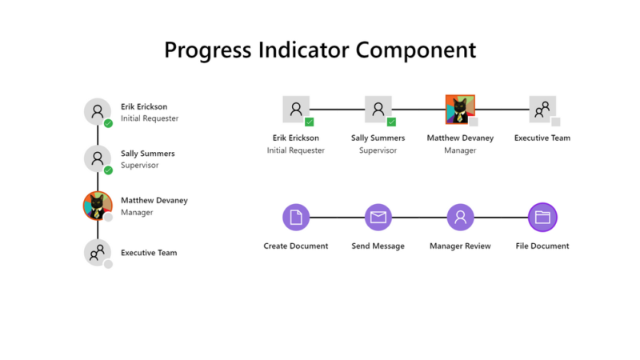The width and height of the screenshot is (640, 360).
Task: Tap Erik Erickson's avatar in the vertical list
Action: coord(98,112)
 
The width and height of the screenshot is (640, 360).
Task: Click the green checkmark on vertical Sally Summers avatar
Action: coord(108,170)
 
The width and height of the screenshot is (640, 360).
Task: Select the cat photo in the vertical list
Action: coord(98,206)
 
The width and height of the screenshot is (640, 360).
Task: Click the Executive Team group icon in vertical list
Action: coord(98,253)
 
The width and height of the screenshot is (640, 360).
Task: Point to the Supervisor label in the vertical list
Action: coord(139,166)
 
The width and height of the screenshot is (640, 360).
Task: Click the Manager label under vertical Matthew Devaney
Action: coord(136,213)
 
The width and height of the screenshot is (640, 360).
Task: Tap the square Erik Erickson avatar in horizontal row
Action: coord(296,109)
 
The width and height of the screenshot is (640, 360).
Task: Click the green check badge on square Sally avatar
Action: coord(391,122)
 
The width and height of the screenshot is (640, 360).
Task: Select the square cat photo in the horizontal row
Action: coord(459,109)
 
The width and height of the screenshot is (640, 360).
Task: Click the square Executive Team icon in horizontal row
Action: coord(542,109)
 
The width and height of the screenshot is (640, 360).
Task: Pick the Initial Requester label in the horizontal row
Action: coord(296,150)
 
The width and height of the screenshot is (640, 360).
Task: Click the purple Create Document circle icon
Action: coord(296,217)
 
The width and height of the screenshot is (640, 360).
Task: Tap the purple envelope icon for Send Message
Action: coord(378,217)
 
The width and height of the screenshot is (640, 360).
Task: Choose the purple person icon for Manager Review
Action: coord(460,217)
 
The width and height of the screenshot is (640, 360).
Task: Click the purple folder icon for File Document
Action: coord(542,217)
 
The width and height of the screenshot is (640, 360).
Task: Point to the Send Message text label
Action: coord(378,246)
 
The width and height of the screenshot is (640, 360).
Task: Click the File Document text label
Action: coord(542,246)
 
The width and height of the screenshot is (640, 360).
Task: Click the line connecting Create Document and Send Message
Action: coord(337,217)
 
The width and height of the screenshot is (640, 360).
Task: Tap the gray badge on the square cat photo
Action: coord(473,122)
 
